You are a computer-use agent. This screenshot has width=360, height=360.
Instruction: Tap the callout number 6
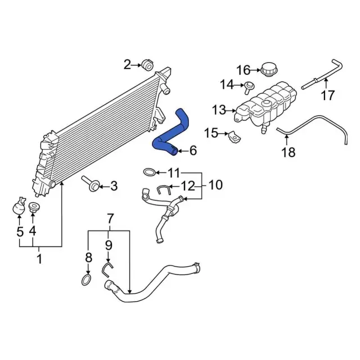click(193, 151)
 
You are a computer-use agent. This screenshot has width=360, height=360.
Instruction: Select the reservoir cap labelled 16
click(269, 69)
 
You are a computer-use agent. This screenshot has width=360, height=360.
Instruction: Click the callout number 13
click(219, 110)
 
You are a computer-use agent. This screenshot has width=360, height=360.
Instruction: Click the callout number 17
click(327, 95)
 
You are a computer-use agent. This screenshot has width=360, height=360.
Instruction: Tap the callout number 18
click(289, 152)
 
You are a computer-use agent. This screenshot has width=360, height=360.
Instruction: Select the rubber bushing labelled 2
click(147, 65)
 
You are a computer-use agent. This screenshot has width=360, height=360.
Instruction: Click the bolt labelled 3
click(91, 184)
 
